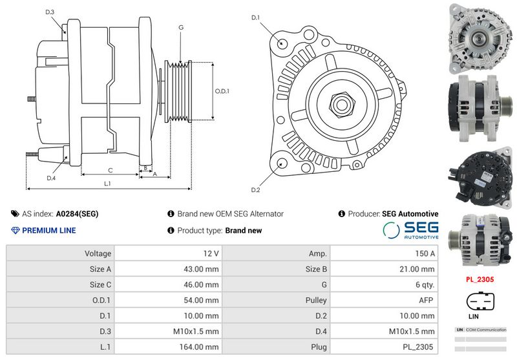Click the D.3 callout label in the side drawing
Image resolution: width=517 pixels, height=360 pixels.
point(50,12)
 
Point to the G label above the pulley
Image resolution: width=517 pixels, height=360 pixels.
point(181,27)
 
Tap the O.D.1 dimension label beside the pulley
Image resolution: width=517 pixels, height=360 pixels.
point(222,91)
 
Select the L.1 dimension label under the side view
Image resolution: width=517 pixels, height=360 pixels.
point(107,184)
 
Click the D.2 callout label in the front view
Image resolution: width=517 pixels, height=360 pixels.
point(255,189)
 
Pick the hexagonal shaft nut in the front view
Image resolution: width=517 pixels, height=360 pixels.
point(343,105)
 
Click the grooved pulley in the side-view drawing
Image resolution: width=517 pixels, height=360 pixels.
point(178,92)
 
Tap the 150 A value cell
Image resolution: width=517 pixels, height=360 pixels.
point(425,253)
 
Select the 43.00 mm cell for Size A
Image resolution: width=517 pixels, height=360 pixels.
point(201,269)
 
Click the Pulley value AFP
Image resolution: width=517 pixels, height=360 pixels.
point(426,300)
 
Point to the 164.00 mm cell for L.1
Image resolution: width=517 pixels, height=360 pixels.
point(199,347)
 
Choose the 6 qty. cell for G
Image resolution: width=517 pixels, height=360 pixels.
point(425,284)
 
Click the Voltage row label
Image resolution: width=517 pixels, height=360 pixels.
point(98,253)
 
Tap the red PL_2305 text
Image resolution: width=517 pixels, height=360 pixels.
point(480,279)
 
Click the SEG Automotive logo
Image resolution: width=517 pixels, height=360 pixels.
point(411,230)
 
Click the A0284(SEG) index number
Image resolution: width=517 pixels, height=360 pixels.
point(77,214)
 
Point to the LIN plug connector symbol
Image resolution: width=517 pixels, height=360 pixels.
point(480,301)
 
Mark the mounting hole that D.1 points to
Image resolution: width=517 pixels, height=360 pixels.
point(282,43)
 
